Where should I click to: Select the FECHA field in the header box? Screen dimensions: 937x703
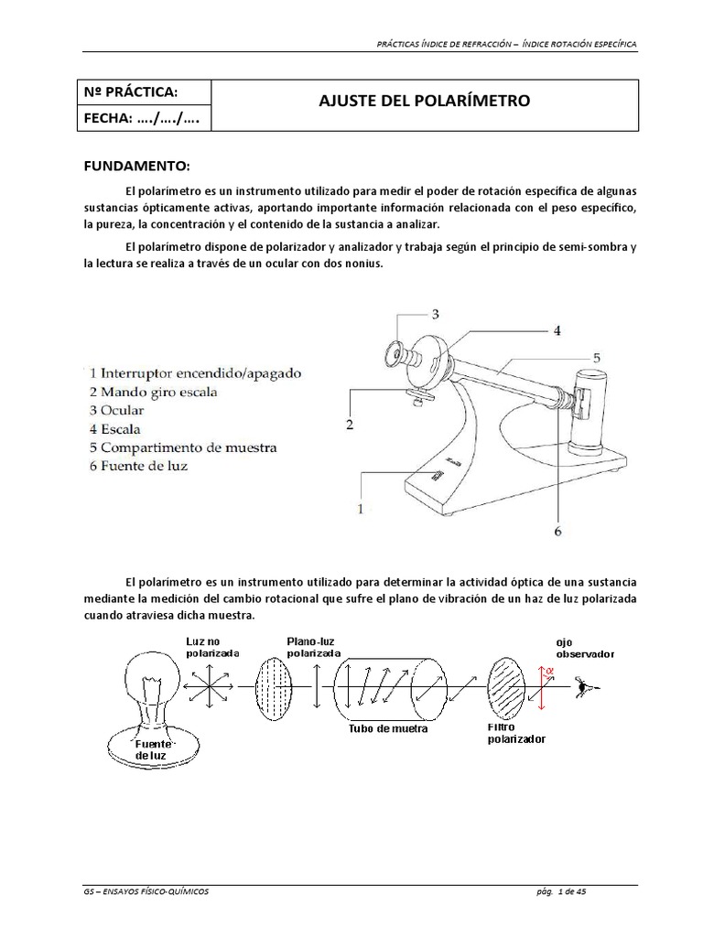[x=141, y=118]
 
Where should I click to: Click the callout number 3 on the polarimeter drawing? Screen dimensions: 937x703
[x=435, y=314]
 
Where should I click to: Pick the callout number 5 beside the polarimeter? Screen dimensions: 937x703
[x=595, y=359]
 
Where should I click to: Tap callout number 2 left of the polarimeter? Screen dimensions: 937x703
[x=349, y=425]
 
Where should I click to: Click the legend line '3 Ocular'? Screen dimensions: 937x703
[x=118, y=411]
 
